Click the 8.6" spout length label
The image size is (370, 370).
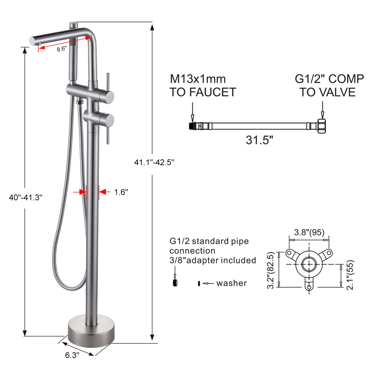pyautogui.click(x=62, y=49)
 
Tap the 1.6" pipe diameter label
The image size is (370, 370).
pyautogui.click(x=121, y=192)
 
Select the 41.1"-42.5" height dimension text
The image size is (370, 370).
pyautogui.click(x=154, y=162)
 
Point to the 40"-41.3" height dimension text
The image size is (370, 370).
pyautogui.click(x=26, y=197)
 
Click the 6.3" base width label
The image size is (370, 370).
pyautogui.click(x=72, y=355)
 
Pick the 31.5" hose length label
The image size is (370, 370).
pyautogui.click(x=259, y=140)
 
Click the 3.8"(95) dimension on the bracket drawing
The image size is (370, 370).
pyautogui.click(x=309, y=232)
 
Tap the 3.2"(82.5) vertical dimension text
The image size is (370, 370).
pyautogui.click(x=271, y=270)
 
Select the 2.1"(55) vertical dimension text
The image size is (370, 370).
pyautogui.click(x=350, y=275)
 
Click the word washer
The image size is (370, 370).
pyautogui.click(x=232, y=283)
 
